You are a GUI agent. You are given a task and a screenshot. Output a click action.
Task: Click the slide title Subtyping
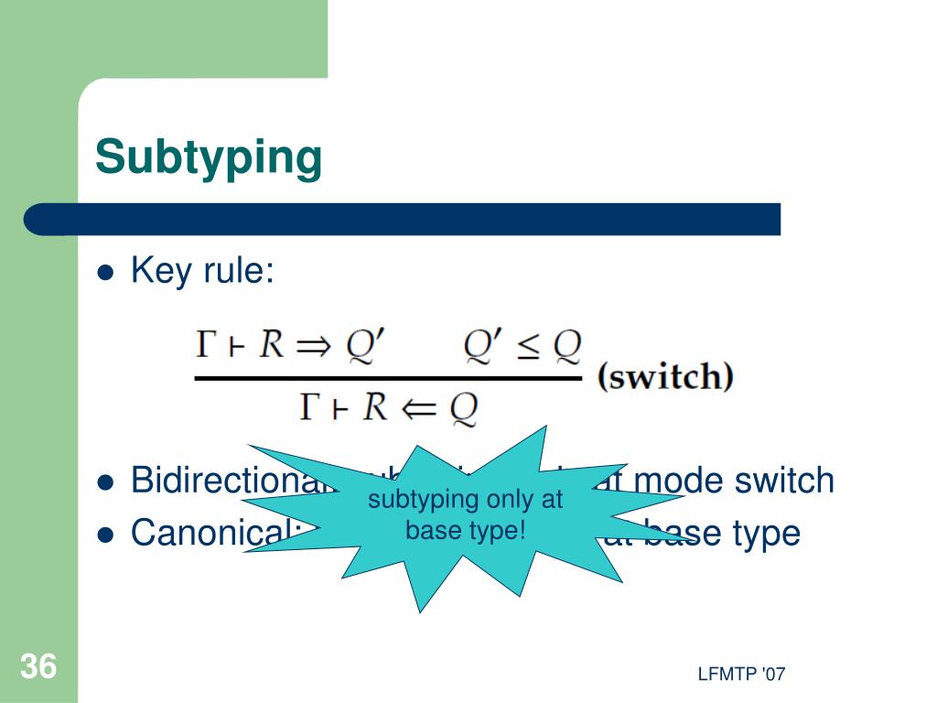(209, 157)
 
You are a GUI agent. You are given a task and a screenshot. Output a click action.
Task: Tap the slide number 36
(38, 667)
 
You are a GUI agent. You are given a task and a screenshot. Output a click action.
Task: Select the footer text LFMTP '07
(741, 675)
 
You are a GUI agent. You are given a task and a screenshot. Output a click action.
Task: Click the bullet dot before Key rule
(106, 273)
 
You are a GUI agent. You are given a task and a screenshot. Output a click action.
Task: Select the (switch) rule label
(665, 377)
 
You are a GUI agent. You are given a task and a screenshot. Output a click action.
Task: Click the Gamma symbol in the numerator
(207, 345)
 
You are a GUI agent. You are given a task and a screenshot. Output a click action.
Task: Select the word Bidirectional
(229, 480)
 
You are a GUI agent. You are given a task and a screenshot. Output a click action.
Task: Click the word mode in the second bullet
(675, 480)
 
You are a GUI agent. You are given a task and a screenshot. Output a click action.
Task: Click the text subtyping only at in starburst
(465, 500)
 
